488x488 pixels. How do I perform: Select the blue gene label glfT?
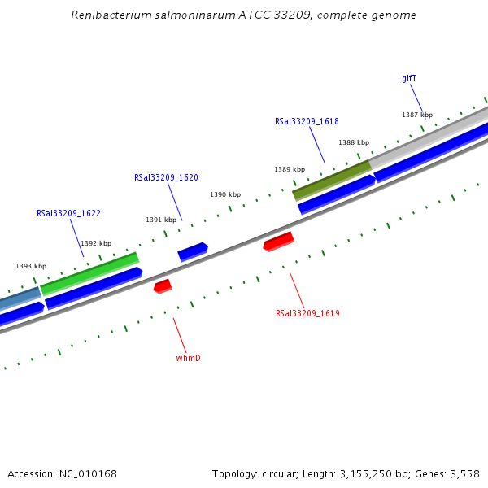click(x=409, y=79)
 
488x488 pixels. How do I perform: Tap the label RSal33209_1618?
click(x=307, y=121)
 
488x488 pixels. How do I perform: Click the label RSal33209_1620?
click(x=166, y=177)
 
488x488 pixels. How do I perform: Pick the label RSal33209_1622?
click(x=68, y=213)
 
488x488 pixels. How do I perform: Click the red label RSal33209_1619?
click(x=307, y=313)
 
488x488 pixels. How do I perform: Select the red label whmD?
click(x=188, y=358)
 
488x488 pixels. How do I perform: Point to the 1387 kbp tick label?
click(x=417, y=115)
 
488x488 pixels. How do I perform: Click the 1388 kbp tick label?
click(x=354, y=142)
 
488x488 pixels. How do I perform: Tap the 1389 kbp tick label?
click(x=290, y=169)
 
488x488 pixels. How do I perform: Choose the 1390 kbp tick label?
click(x=225, y=194)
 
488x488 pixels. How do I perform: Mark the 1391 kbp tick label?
click(x=161, y=220)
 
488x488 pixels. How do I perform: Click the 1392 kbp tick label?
click(x=96, y=243)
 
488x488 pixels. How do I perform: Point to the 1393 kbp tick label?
click(x=31, y=266)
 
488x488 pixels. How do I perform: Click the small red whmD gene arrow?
click(x=163, y=286)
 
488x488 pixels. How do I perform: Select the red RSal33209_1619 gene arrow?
click(x=278, y=242)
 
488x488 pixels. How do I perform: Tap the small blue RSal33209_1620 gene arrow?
click(x=193, y=251)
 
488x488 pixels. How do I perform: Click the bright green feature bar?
click(x=89, y=273)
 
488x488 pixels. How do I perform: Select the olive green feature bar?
click(x=332, y=180)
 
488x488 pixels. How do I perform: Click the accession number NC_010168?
click(x=87, y=473)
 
